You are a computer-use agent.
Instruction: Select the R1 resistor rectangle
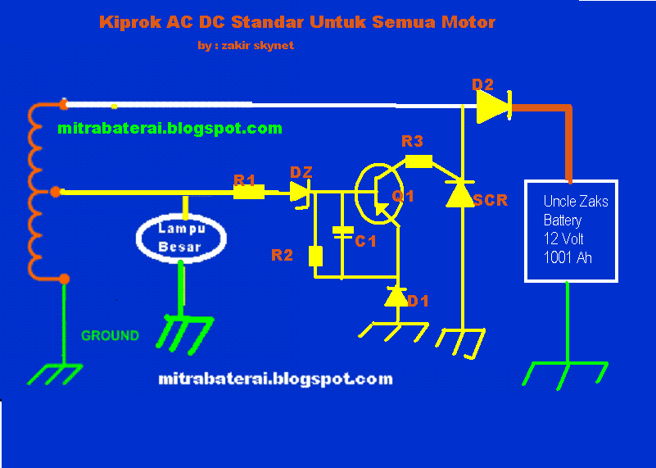[249, 193]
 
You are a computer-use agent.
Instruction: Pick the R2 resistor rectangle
[316, 257]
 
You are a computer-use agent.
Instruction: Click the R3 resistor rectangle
[418, 161]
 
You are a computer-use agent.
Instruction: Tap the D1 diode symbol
[397, 298]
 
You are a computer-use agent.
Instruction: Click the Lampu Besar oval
[181, 237]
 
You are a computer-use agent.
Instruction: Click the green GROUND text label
[110, 335]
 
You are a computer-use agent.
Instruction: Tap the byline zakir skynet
[246, 46]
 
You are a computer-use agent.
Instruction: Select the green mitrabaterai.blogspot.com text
[170, 128]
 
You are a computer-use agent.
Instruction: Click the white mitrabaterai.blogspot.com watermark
[274, 379]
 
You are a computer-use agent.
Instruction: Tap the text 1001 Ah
[568, 257]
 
